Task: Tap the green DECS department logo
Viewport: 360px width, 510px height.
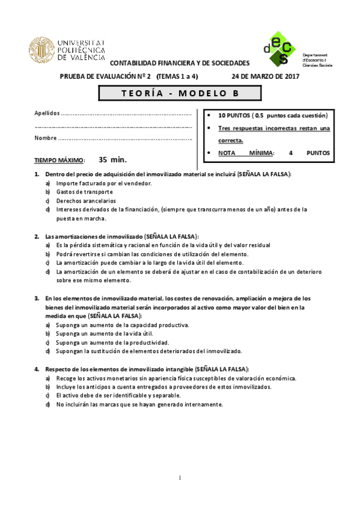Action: (279, 48)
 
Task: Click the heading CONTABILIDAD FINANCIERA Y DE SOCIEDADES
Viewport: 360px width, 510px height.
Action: (180, 63)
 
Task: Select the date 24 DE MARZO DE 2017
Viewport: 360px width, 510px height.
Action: (265, 76)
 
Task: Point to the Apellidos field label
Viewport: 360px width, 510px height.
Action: (47, 113)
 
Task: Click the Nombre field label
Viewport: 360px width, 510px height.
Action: (46, 138)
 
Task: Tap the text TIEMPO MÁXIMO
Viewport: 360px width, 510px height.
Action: (59, 161)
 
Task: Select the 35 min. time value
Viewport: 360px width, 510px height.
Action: (112, 160)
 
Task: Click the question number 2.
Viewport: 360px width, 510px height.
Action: (37, 236)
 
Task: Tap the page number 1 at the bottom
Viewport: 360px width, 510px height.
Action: (180, 479)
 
